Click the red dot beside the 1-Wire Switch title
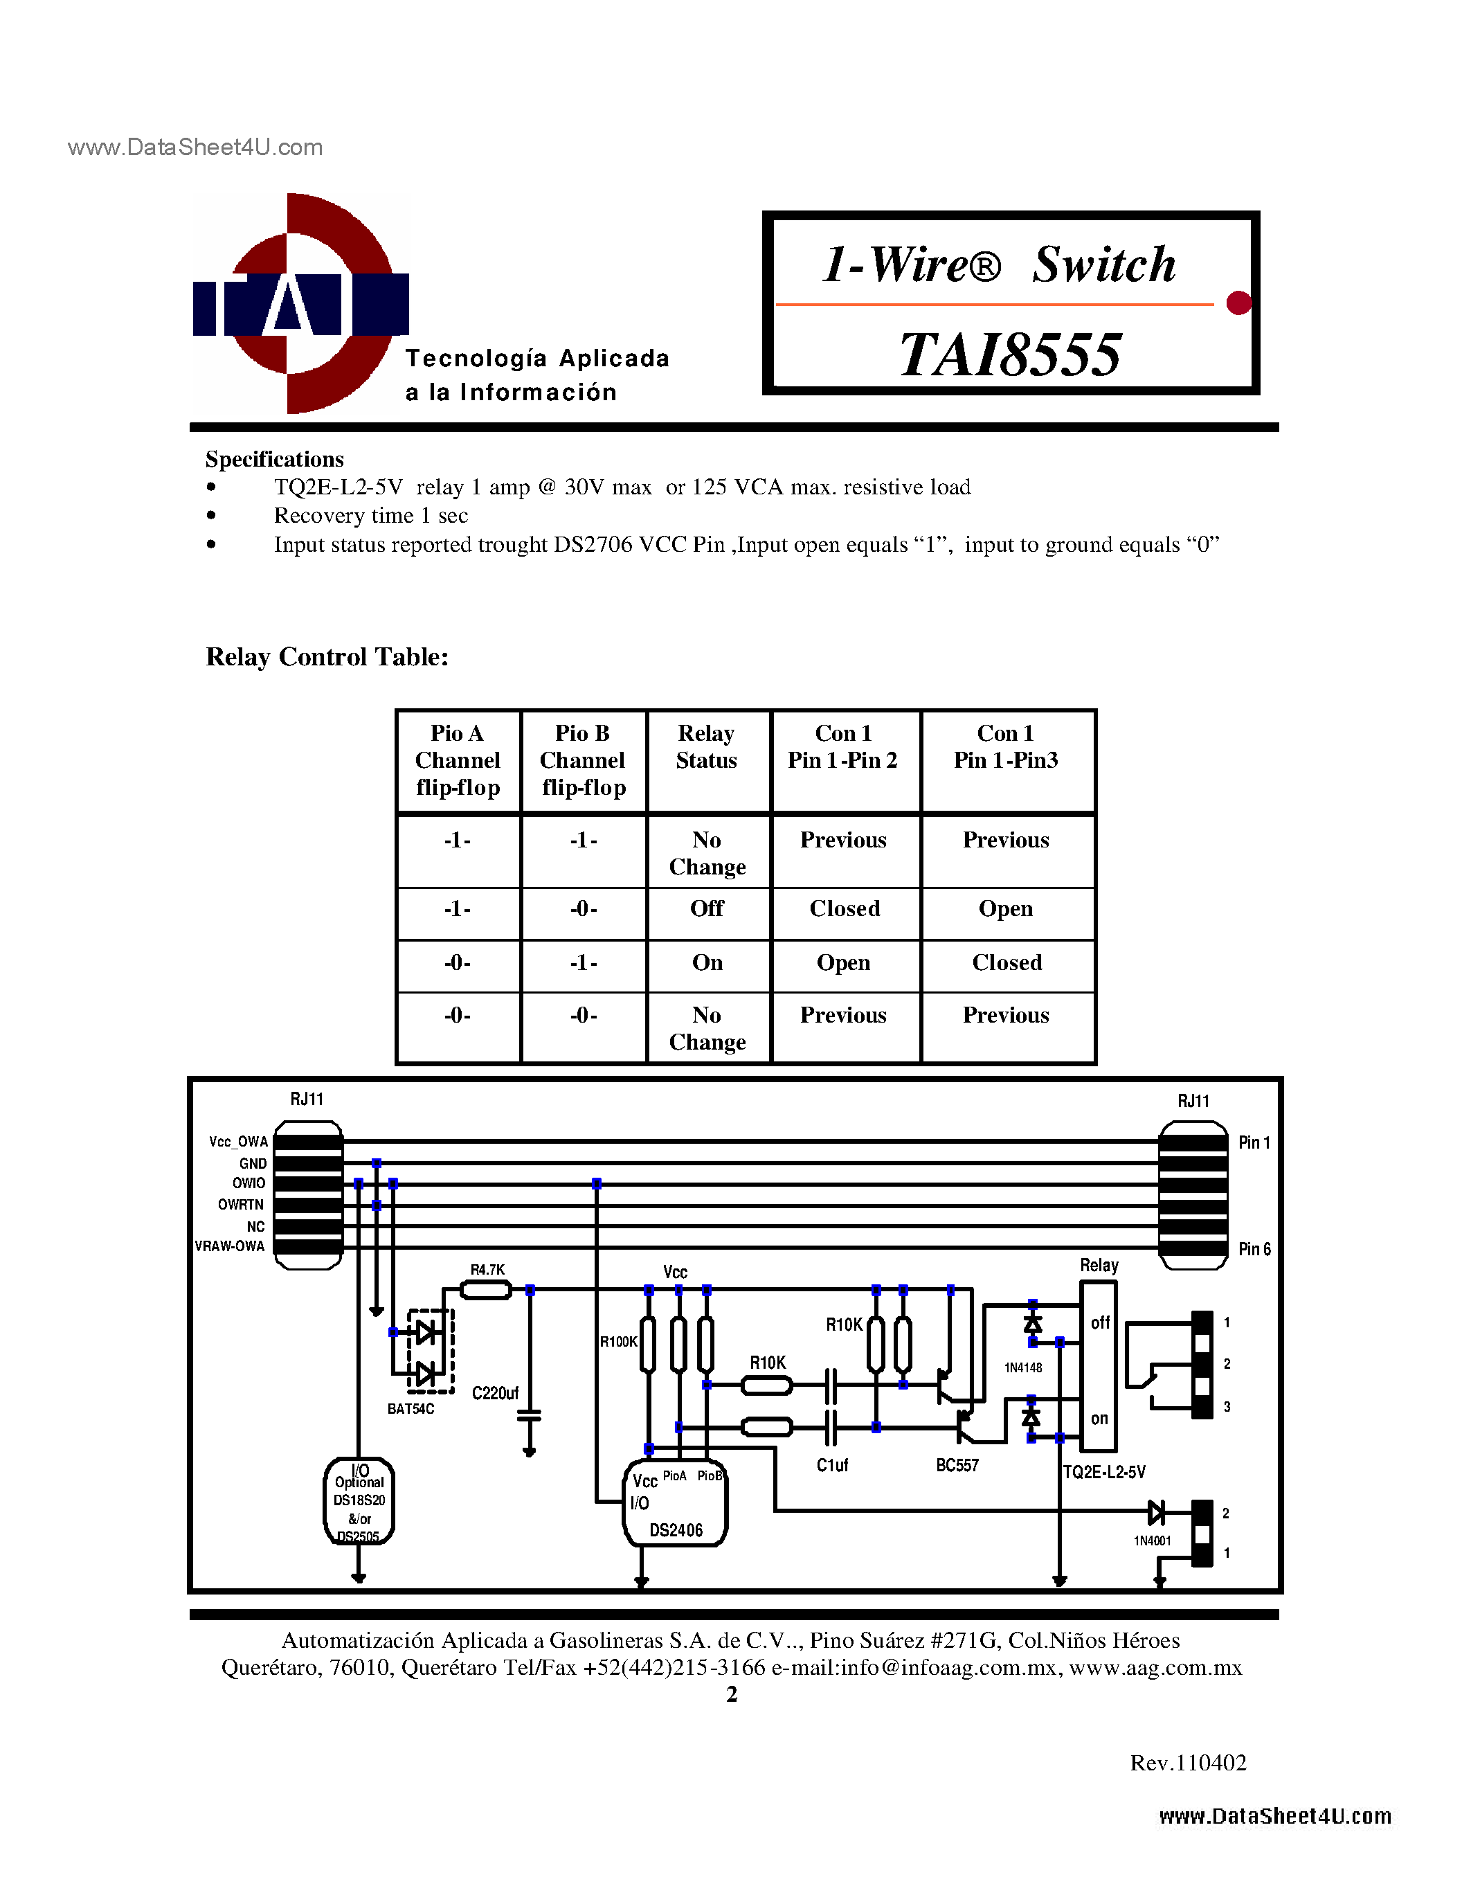point(1238,303)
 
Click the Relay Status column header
point(707,747)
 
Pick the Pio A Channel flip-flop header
point(458,760)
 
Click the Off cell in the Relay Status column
point(707,908)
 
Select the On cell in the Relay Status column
point(707,962)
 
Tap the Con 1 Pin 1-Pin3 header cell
point(1006,747)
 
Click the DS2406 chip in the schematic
point(676,1505)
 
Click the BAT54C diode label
point(410,1409)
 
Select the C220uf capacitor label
point(495,1393)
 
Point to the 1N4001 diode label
point(1151,1541)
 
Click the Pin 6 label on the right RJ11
point(1254,1249)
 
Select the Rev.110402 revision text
point(1188,1763)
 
